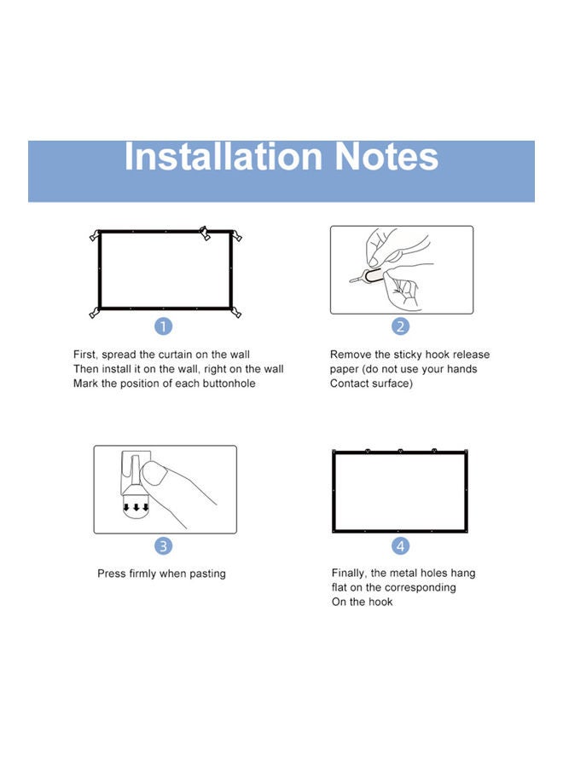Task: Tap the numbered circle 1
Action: (x=164, y=326)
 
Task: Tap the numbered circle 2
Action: (x=400, y=326)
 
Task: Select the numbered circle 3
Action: (x=164, y=546)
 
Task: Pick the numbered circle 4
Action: (x=400, y=546)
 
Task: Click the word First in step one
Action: (x=84, y=355)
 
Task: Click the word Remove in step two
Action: (x=351, y=355)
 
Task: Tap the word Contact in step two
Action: (x=351, y=383)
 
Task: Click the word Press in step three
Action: (x=112, y=574)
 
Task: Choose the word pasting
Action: (x=206, y=574)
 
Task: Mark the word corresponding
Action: (x=419, y=588)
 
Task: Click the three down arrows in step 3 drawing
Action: (x=136, y=507)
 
